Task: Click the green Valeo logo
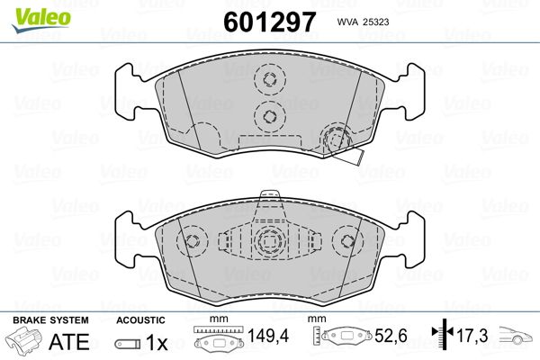41,20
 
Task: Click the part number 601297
269,22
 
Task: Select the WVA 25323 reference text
363,22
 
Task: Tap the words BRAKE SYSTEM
50,320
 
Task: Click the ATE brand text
69,341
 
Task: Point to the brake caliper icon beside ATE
23,340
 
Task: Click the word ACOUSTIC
140,320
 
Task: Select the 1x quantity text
157,342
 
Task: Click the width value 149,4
268,336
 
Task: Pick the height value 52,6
391,336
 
